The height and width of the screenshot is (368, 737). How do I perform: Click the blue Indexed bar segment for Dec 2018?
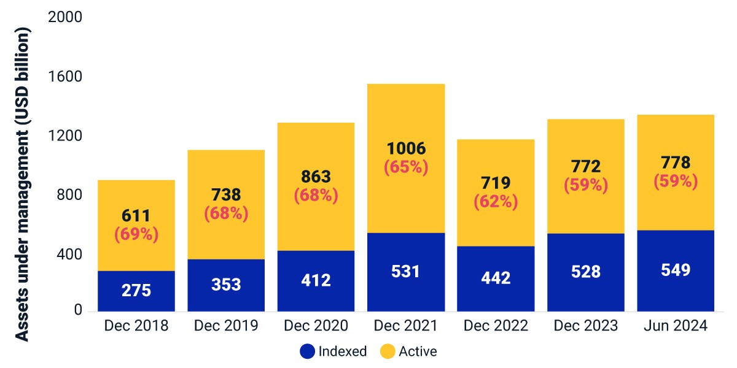[x=136, y=291]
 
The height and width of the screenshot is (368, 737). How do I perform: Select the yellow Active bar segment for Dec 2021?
[x=406, y=158]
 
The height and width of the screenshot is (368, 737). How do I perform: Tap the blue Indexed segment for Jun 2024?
[x=676, y=270]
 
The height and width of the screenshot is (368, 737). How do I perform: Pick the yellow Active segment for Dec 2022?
[x=496, y=193]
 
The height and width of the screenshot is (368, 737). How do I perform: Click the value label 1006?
[x=407, y=148]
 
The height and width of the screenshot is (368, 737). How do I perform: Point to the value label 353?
[x=226, y=285]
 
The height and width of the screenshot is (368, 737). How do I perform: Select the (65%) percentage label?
[x=407, y=167]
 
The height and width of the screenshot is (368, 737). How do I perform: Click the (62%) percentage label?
[x=496, y=202]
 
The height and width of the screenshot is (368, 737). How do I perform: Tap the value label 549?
[x=676, y=270]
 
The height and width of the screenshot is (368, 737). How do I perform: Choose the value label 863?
[x=316, y=177]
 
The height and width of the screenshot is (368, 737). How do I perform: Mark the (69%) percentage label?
[x=136, y=234]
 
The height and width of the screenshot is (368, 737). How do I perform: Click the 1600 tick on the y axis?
[x=65, y=77]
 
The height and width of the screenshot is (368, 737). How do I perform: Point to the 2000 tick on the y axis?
[x=65, y=17]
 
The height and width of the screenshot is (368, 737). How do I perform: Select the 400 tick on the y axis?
[x=69, y=255]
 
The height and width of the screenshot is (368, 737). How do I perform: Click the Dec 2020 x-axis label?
[x=316, y=326]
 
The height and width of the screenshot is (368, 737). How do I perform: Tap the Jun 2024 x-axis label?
[x=676, y=326]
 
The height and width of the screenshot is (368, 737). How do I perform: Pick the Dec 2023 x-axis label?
[x=586, y=326]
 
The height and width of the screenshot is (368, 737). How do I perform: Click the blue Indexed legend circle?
[x=307, y=351]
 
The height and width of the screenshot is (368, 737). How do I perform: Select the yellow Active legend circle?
[x=388, y=351]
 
